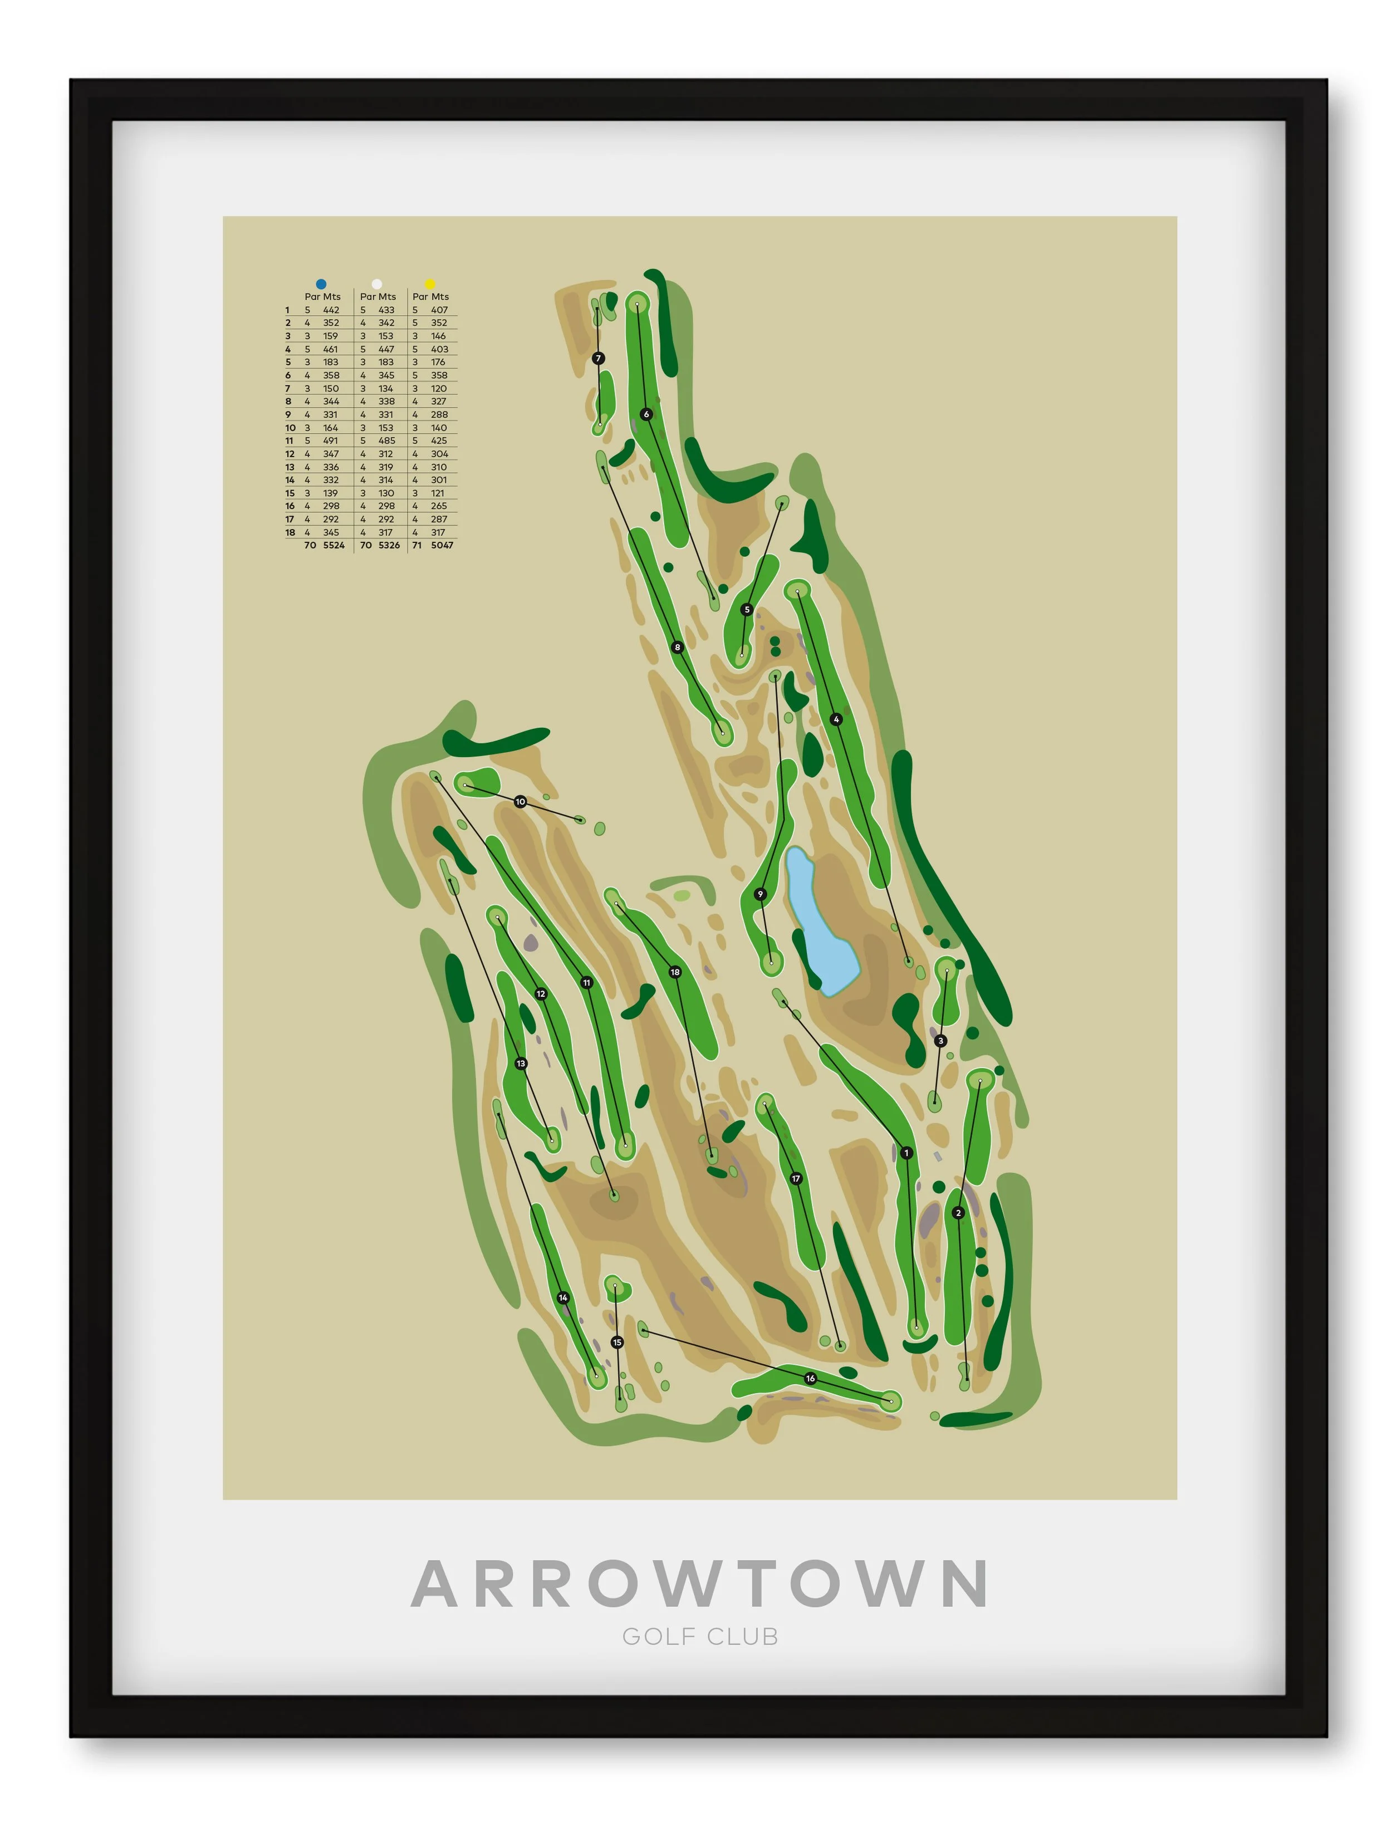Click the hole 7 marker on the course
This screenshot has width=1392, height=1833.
[x=598, y=358]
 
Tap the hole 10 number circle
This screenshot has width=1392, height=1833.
[x=521, y=801]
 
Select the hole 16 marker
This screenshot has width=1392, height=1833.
[x=810, y=1378]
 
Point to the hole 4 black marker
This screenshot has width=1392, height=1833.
[x=836, y=719]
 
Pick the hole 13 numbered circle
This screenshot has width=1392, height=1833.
[x=521, y=1063]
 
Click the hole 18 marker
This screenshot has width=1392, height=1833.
[x=675, y=972]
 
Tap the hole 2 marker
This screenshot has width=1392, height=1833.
[x=959, y=1212]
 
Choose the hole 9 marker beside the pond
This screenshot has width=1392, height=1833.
[x=761, y=894]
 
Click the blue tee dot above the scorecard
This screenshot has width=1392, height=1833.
[x=321, y=284]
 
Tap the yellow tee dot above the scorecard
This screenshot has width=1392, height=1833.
[x=430, y=284]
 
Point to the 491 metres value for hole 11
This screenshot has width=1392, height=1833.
[x=331, y=441]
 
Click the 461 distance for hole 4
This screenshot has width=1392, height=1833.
[x=331, y=349]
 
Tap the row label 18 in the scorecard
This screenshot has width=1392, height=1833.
[x=290, y=532]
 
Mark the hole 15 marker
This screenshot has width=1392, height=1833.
[x=616, y=1341]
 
